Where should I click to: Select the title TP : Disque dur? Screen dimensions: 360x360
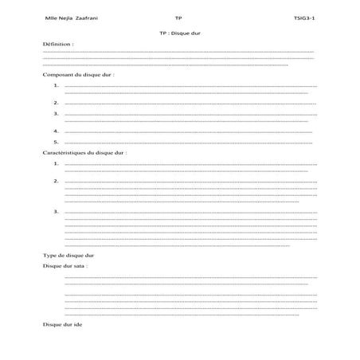[179, 34]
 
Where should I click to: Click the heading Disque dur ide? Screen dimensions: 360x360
[62, 325]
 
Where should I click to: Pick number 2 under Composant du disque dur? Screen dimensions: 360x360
[56, 103]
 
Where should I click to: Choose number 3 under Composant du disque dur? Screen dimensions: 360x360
[56, 114]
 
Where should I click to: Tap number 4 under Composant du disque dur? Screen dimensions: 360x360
[56, 131]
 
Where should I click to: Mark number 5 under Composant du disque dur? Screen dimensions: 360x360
[56, 142]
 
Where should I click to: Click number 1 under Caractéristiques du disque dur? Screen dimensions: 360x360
[56, 162]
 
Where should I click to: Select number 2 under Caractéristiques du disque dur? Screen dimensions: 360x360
[56, 181]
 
